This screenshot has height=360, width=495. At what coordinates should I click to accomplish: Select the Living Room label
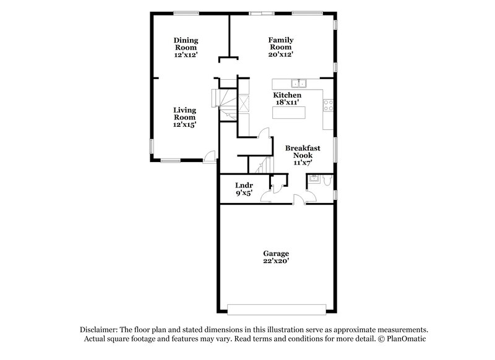coord(184,113)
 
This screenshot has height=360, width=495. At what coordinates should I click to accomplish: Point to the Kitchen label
coord(288,95)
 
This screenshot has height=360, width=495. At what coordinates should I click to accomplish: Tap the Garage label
coord(276,254)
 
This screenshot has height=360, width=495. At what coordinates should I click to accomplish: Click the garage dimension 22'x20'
coord(276,262)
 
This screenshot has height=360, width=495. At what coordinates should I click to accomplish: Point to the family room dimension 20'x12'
coord(280,54)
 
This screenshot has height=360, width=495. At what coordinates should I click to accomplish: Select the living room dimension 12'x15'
coord(184,124)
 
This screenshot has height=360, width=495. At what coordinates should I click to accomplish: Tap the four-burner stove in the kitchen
coord(328,105)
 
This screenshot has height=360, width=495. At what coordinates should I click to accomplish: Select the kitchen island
coord(288,113)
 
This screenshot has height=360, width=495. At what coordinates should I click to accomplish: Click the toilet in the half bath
coord(328,180)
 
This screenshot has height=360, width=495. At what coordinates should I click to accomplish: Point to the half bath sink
coord(314,180)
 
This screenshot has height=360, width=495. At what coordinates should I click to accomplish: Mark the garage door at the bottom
coord(275,309)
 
